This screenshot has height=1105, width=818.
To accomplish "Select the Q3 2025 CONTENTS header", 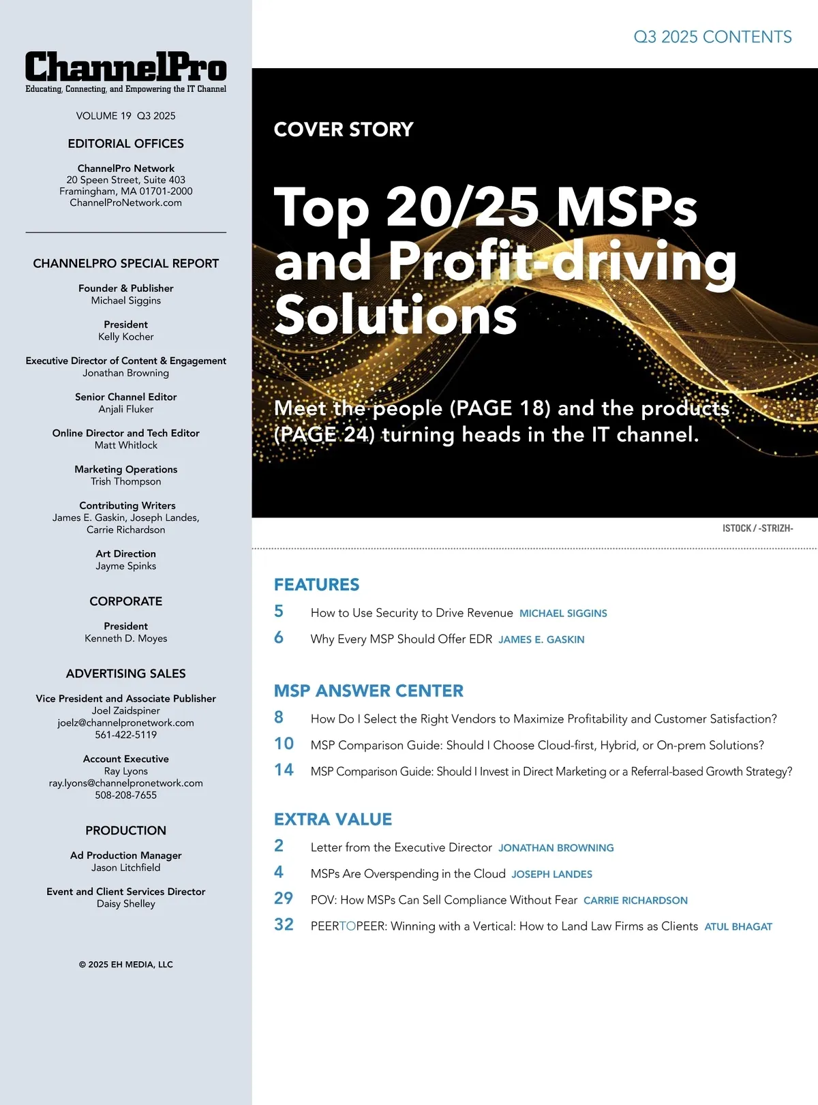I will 712,37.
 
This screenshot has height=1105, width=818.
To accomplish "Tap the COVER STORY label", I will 344,129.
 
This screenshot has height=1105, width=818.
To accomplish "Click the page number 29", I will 284,898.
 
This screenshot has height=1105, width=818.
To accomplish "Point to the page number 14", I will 284,770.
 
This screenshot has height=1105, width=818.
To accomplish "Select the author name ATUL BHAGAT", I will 738,926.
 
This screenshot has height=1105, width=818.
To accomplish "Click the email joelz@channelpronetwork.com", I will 125,723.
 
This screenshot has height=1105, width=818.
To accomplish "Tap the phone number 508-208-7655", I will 125,795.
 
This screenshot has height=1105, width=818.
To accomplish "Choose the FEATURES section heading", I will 316,584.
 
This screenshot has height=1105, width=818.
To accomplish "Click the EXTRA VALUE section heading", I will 333,819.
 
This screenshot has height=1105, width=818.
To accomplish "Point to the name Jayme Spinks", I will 125,566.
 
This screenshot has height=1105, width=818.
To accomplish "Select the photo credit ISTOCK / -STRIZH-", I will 757,528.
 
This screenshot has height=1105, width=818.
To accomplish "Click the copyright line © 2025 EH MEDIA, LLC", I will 125,964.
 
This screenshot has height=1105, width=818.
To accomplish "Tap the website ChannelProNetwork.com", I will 125,202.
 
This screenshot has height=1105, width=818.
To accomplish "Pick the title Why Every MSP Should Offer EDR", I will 401,639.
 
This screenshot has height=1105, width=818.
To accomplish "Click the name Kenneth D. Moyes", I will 125,638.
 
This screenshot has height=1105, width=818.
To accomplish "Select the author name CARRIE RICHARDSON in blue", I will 635,900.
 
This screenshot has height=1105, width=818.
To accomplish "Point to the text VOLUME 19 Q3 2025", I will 125,116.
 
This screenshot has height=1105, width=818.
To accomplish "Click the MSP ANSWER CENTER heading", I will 368,691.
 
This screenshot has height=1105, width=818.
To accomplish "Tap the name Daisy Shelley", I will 125,903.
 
